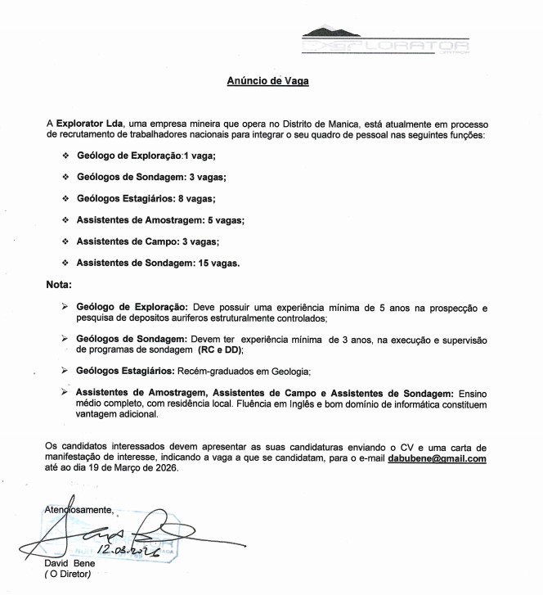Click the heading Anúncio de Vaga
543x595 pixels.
point(267,81)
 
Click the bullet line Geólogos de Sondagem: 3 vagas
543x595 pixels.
point(150,177)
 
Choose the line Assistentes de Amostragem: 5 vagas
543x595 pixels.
point(160,220)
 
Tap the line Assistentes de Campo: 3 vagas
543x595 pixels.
point(147,241)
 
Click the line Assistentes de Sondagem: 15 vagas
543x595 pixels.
point(158,263)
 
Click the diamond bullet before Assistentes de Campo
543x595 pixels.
point(65,241)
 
